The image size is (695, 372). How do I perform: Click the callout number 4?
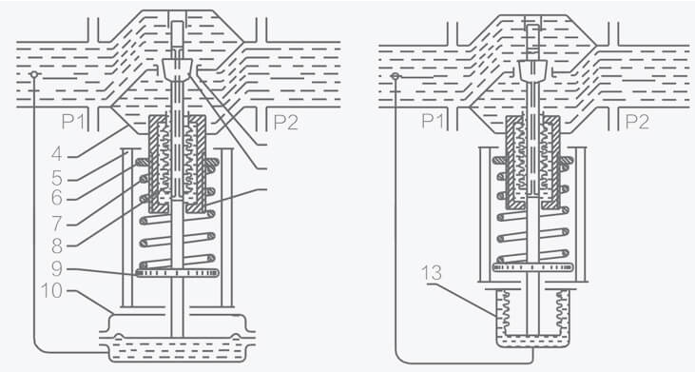(x=56, y=154)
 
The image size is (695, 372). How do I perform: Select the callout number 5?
(x=57, y=178)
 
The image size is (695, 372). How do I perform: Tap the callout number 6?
(x=57, y=198)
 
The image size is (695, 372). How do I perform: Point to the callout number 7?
(x=56, y=224)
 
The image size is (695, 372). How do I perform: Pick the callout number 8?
(x=57, y=245)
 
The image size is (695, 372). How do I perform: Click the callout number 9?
(x=57, y=268)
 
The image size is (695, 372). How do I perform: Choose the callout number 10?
(x=51, y=291)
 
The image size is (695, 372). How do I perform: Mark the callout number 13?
(x=432, y=273)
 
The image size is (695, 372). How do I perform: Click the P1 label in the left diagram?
(x=73, y=121)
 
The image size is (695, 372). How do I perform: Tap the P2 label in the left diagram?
(x=285, y=122)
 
